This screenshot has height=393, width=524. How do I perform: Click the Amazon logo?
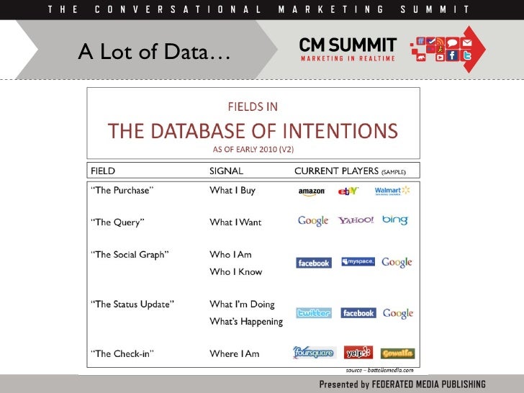pos(312,191)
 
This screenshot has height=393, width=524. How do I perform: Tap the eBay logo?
pos(349,191)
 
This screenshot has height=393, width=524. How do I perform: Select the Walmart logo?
pos(392,191)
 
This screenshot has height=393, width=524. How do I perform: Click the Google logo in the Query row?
pos(313,221)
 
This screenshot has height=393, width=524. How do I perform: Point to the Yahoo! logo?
pos(356,220)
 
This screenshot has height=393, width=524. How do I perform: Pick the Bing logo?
pos(395,220)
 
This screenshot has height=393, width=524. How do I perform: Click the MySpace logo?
pos(358,262)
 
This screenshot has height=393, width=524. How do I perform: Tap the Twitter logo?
pos(314,313)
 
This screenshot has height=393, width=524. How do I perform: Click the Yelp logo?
pos(358,353)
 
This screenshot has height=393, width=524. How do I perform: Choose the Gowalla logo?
pos(397,353)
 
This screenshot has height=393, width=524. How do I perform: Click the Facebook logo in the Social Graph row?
pos(314,263)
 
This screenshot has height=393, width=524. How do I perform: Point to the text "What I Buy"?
pos(232,191)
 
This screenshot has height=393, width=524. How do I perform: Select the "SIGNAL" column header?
pos(226,171)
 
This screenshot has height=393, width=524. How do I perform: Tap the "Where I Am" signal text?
pos(235,353)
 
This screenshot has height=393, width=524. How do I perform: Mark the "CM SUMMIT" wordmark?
pos(348,45)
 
